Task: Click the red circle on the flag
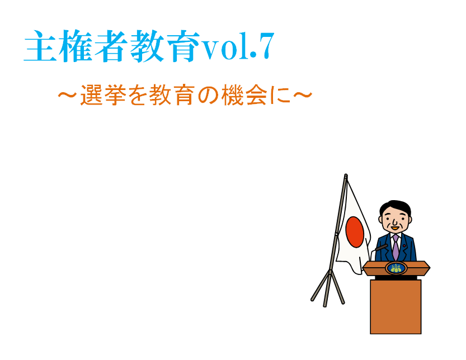tap(355, 232)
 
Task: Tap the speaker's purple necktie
tap(396, 247)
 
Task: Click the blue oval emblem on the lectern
tap(396, 268)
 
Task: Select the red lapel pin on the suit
tap(408, 245)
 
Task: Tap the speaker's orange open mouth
tap(395, 228)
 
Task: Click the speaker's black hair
tap(396, 206)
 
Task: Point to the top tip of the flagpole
tap(346, 174)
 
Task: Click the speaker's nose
tap(394, 222)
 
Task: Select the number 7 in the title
tap(266, 46)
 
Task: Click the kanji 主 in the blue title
tap(40, 46)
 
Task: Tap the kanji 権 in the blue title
tap(75, 46)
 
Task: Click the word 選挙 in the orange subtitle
tap(103, 95)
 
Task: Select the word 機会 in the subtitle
tap(244, 95)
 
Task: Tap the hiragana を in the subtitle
tap(138, 95)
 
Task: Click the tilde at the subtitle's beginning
tap(68, 95)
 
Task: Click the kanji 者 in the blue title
tap(110, 46)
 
